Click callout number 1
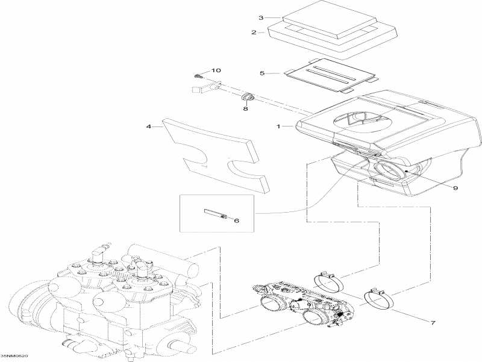278,126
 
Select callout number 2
254,33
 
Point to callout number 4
148,126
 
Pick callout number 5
262,73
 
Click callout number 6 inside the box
236,221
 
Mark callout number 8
245,109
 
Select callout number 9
455,188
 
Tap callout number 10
216,71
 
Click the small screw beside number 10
198,76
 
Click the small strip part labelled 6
215,214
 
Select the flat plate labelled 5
332,75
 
